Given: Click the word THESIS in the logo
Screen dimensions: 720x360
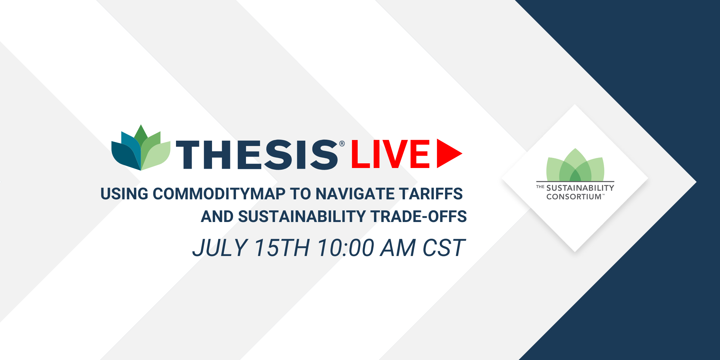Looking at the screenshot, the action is [257, 154].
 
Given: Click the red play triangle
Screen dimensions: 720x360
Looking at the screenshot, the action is [449, 154].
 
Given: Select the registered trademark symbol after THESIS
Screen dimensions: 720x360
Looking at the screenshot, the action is [342, 144].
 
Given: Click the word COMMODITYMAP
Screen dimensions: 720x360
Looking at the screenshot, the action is [219, 194].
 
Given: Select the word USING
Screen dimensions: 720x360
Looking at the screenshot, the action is [124, 194].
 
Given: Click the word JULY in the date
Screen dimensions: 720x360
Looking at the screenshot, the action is [220, 248].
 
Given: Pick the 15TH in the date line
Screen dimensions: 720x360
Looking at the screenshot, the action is [282, 248].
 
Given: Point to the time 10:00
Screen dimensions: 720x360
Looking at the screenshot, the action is [345, 248].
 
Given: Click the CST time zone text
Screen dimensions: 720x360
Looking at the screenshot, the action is [444, 248].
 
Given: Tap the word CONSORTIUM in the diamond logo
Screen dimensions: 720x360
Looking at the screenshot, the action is [574, 197].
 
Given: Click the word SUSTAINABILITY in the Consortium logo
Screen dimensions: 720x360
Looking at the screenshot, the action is [580, 188].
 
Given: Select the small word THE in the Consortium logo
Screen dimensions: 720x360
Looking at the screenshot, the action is [540, 187].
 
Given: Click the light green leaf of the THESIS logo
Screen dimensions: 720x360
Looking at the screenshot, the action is [155, 155].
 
